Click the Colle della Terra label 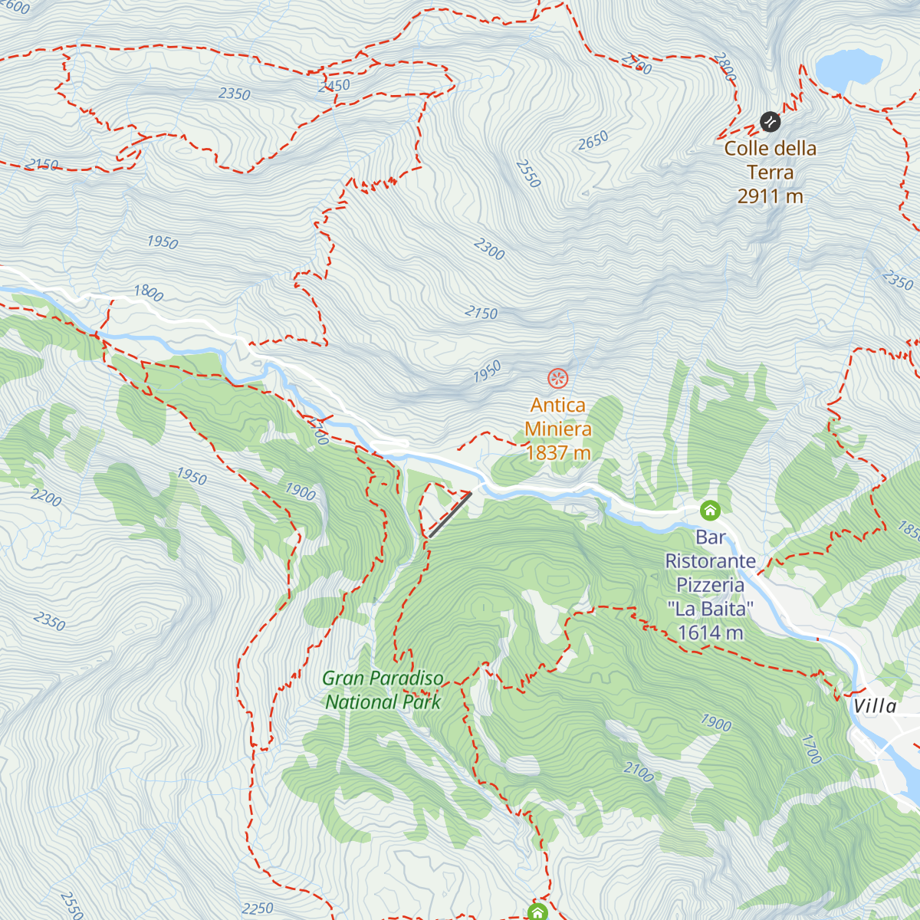pos(770,172)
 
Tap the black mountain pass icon pos(770,121)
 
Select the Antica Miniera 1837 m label pos(558,429)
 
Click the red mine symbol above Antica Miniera pos(557,378)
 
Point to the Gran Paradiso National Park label pos(383,690)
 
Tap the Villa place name pos(875,705)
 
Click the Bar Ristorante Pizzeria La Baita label pos(710,585)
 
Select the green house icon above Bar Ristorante pos(710,510)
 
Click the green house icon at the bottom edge pos(537,912)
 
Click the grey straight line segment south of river pos(450,514)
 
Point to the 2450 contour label pos(333,86)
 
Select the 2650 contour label pos(593,140)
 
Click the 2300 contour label pos(489,249)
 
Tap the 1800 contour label pos(149,292)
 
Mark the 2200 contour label pos(46,498)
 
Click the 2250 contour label pos(257,909)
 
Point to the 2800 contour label pos(724,67)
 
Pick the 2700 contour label pos(636,64)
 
